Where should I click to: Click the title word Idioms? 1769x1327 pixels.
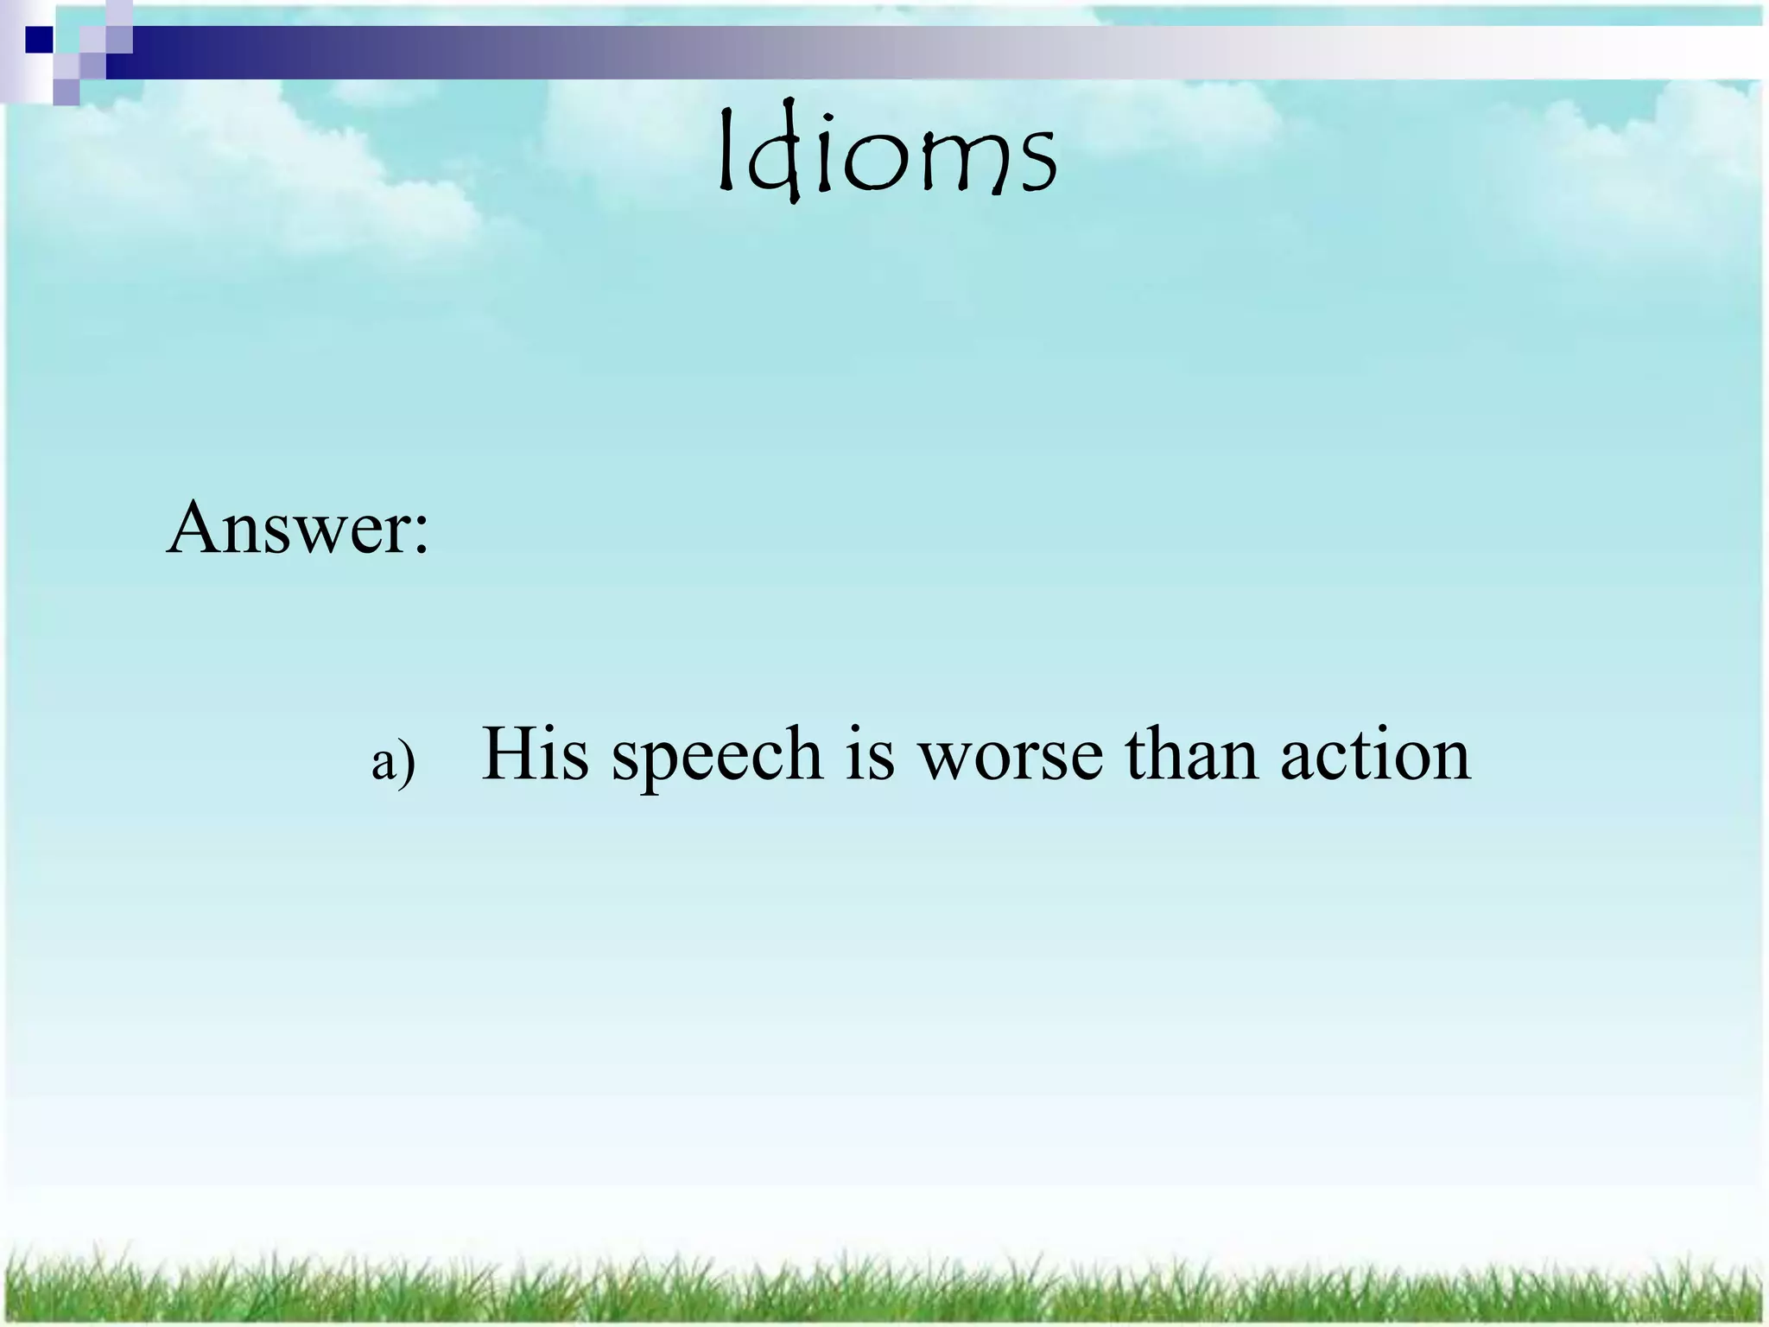[x=887, y=156]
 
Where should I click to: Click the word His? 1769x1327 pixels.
[x=535, y=753]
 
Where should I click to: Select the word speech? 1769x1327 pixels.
[x=717, y=755]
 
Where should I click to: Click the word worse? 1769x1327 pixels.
[x=1011, y=757]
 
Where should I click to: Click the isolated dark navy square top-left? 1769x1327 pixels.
[x=39, y=40]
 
